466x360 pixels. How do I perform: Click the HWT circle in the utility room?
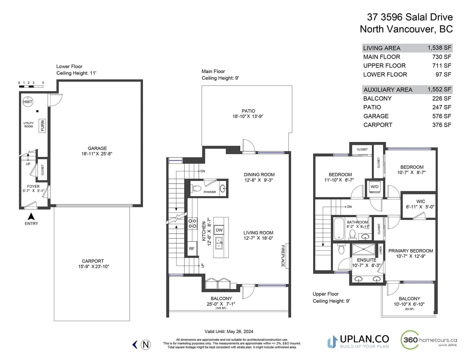(28, 102)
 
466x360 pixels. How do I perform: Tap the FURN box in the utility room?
(42, 125)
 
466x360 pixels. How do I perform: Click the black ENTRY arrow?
(31, 217)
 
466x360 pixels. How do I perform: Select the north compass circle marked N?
(146, 345)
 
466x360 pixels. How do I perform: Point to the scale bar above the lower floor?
(31, 86)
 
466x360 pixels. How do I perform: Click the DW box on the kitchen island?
(219, 230)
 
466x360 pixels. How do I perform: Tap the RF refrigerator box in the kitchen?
(192, 249)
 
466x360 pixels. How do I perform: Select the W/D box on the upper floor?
(375, 187)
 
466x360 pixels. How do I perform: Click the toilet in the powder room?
(196, 189)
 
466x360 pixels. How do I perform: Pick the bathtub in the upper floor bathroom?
(339, 229)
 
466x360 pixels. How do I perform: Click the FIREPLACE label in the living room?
(283, 256)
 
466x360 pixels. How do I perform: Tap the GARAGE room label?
(97, 148)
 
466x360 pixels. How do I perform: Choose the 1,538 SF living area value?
(439, 48)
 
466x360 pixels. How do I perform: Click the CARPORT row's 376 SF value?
(442, 125)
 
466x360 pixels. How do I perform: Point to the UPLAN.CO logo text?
(364, 339)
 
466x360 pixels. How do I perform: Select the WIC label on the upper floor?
(421, 201)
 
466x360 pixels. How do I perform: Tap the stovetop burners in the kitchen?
(192, 223)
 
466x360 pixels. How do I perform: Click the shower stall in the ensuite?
(363, 249)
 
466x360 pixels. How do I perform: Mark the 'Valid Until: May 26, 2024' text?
(229, 331)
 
